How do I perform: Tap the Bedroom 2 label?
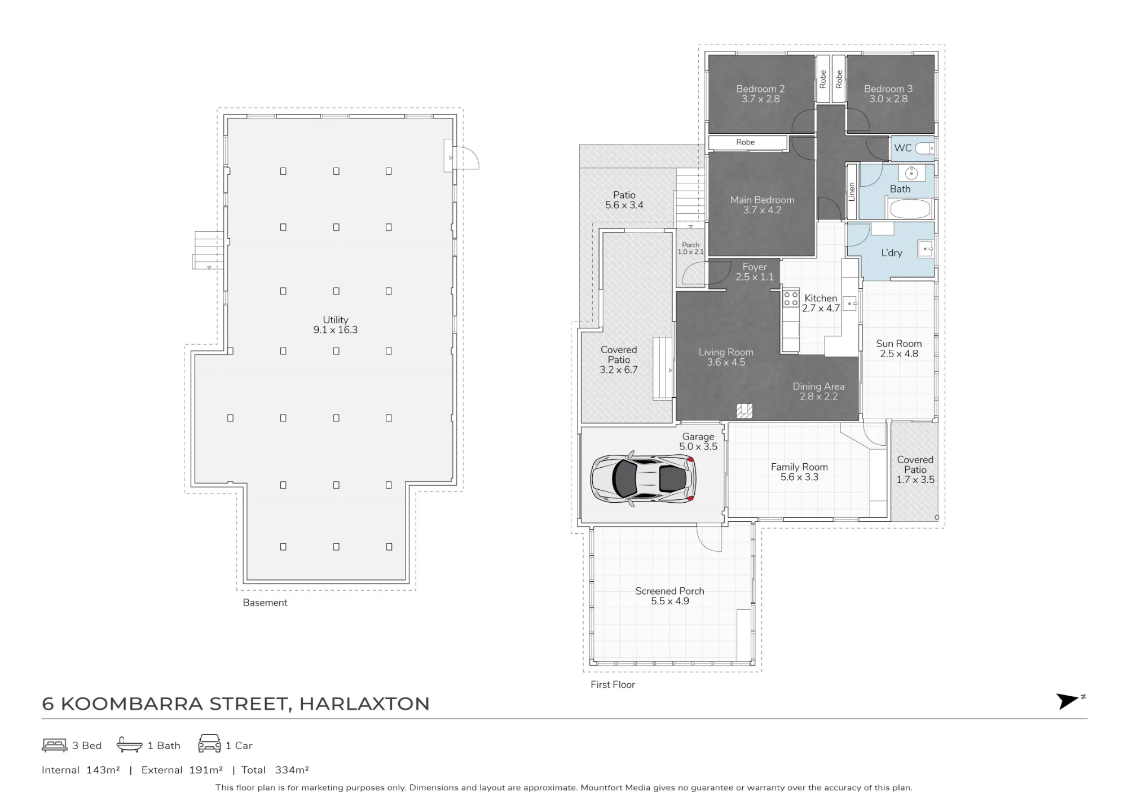760,94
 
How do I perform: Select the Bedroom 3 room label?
888,94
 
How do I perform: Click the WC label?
902,148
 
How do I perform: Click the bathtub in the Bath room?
909,209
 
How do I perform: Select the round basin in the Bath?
911,173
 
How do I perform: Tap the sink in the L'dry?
925,249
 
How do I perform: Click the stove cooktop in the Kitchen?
791,299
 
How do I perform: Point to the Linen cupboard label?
852,191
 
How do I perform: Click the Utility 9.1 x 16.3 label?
336,325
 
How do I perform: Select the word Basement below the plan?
265,603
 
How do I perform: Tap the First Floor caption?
613,684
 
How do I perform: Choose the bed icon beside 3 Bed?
54,745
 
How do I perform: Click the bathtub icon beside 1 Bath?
129,745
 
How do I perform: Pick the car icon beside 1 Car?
209,744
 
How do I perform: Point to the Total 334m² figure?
275,770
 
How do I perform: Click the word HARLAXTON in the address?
364,704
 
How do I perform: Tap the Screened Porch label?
670,596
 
